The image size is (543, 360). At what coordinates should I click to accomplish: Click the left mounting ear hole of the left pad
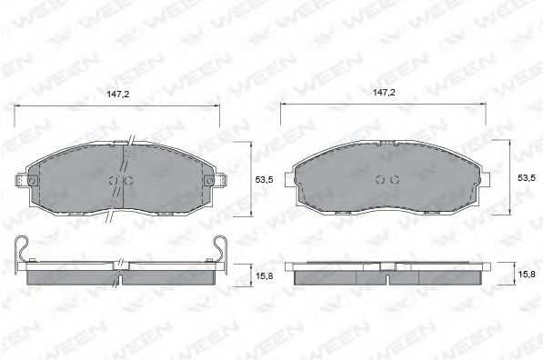tap(32, 181)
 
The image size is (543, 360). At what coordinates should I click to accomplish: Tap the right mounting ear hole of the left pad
tap(213, 181)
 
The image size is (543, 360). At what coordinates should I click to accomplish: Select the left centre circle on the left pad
tap(114, 180)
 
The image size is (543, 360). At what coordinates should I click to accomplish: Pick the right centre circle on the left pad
tap(128, 180)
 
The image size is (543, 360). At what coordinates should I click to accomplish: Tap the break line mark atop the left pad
tap(130, 141)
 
